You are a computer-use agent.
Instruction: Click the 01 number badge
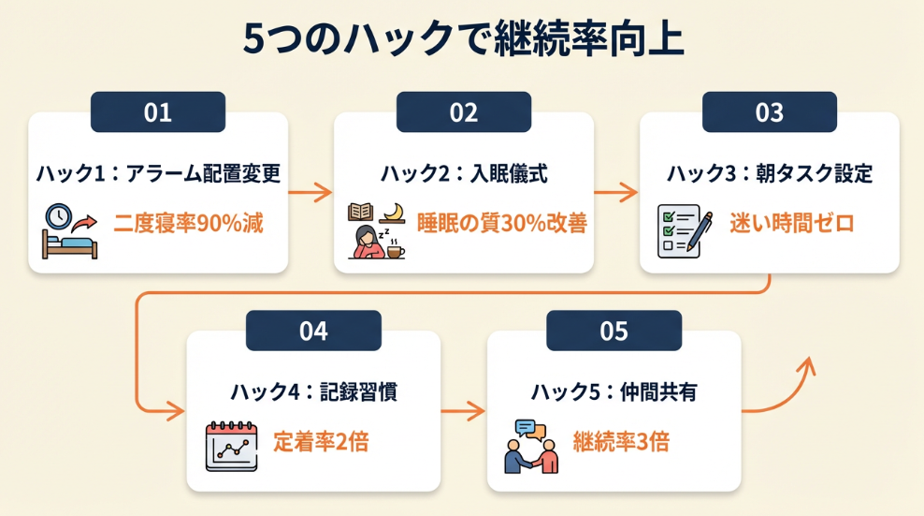tap(158, 112)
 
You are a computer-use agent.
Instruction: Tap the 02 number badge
tap(464, 112)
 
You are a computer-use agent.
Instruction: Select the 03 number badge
tap(769, 112)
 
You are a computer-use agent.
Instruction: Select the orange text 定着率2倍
tap(321, 442)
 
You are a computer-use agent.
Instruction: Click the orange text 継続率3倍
tap(622, 442)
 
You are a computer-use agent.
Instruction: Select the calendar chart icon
tap(231, 446)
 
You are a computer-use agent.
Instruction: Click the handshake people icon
tap(530, 447)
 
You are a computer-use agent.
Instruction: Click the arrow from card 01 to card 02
tap(310, 193)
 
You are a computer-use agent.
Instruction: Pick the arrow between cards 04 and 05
tap(464, 411)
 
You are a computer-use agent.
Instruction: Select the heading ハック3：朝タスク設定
tap(770, 174)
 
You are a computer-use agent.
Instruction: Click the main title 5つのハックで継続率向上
tap(462, 41)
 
